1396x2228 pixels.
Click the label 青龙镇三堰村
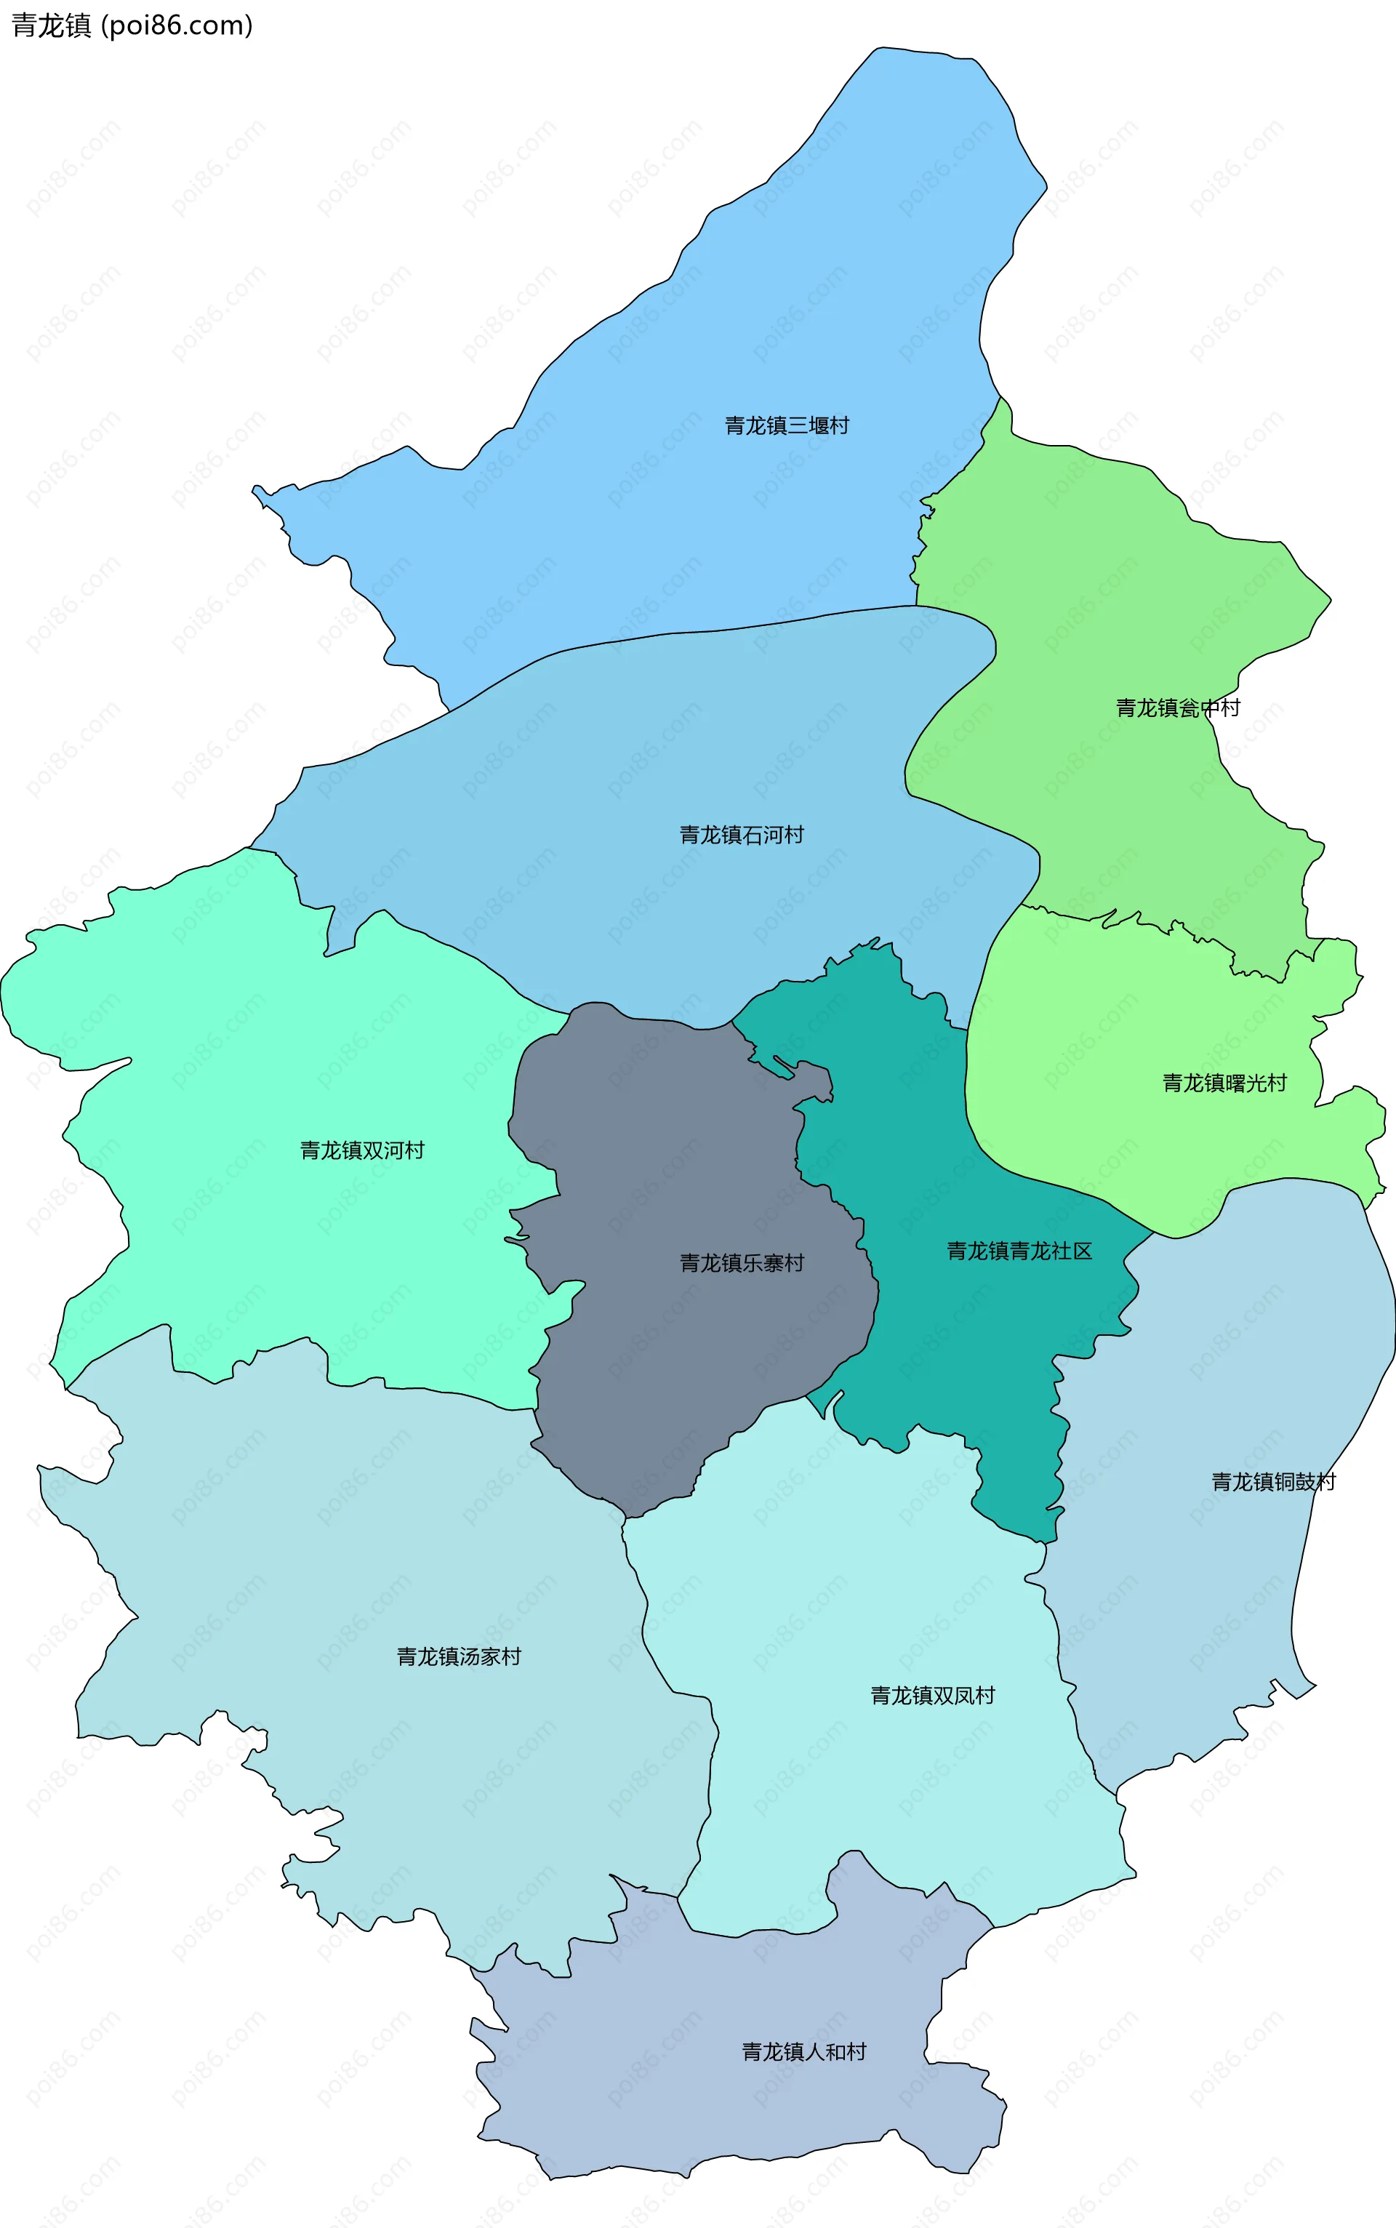(787, 425)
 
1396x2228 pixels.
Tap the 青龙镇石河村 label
(742, 835)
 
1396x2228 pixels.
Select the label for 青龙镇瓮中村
(1177, 708)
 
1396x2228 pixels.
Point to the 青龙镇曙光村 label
(1224, 1083)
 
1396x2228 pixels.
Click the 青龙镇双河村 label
(362, 1150)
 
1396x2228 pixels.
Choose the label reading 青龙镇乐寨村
(742, 1263)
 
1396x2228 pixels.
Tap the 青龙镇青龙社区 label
(1019, 1251)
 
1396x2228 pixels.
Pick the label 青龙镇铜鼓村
(1273, 1482)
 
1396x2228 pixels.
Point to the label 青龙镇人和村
(804, 2051)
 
